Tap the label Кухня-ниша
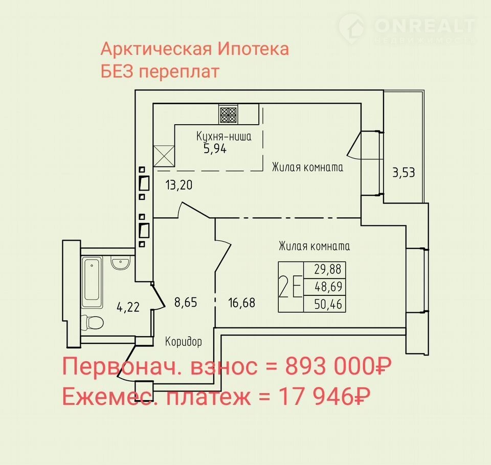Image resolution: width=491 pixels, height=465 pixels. [x=224, y=136]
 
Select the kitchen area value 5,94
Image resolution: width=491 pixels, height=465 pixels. [x=215, y=149]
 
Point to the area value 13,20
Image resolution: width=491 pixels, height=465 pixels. [x=179, y=185]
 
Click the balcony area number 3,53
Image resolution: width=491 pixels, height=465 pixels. [x=404, y=172]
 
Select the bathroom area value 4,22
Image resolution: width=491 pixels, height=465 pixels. [x=128, y=307]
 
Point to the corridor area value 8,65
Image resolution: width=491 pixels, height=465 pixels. [x=186, y=303]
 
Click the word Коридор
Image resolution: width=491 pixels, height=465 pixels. [x=184, y=341]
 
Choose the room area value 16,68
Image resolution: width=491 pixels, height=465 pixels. [x=242, y=303]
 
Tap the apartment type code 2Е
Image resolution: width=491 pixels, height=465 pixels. [x=291, y=287]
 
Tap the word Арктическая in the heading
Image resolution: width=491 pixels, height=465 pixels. [x=156, y=49]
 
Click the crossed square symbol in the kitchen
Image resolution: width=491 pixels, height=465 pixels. [x=164, y=156]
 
